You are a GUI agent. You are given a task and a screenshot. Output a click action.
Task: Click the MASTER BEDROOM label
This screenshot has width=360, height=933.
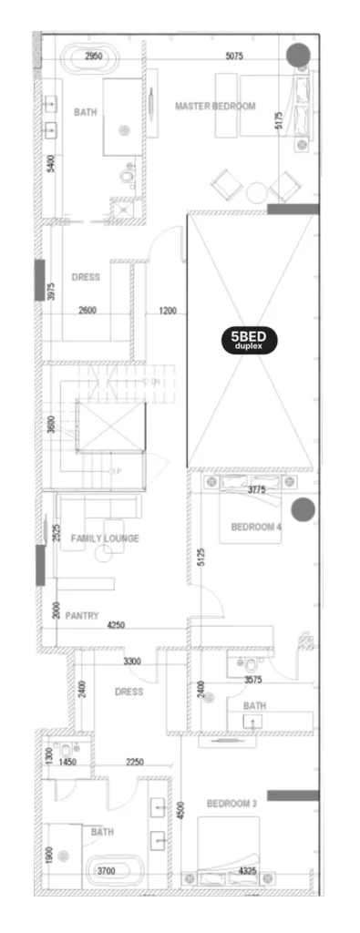[215, 107]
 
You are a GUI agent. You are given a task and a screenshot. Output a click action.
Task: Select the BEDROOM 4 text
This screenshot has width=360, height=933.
[256, 527]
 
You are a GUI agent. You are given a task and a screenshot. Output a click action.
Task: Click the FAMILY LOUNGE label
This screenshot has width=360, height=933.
[105, 538]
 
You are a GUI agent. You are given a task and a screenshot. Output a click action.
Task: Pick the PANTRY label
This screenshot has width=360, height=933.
[81, 616]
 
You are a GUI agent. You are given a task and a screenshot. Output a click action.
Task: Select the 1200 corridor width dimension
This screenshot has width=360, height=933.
[168, 311]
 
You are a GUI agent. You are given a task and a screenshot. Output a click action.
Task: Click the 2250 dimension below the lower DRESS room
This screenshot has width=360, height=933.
[134, 762]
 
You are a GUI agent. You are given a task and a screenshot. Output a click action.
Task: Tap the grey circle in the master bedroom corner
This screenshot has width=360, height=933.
[298, 56]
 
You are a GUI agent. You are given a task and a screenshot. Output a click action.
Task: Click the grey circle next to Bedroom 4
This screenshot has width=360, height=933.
[303, 509]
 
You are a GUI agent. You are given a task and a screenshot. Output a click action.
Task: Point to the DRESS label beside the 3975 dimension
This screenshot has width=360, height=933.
[86, 277]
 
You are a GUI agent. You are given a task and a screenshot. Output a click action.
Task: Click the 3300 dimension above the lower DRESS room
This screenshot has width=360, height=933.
[133, 661]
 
